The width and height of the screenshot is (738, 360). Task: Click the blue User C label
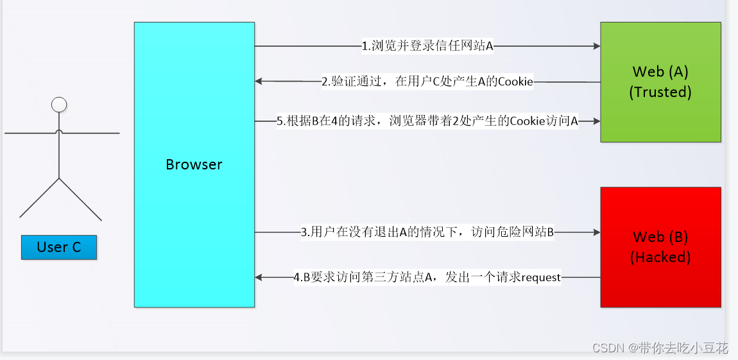coord(59,247)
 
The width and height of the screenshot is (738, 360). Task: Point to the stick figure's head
coord(59,105)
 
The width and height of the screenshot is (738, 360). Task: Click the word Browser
coord(194,164)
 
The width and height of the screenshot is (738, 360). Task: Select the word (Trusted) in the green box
coord(660,92)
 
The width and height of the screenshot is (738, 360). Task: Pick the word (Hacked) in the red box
coord(660,257)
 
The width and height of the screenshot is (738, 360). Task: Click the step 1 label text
coord(427,46)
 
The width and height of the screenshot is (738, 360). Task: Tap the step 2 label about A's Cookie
coord(427,81)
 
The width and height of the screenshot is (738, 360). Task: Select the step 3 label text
coord(427,232)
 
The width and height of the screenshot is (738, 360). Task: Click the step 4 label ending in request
coord(427,277)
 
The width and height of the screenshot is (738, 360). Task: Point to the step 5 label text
coord(427,121)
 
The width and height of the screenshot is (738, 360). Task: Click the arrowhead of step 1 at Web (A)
coord(596,46)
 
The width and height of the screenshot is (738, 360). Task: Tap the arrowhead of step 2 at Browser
coord(259,81)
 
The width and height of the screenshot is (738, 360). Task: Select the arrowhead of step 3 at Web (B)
coord(596,232)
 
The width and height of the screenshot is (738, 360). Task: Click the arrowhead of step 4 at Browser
coord(259,277)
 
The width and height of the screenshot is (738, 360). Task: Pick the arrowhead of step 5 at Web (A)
coord(596,121)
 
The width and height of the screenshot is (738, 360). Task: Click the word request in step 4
coord(541,277)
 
